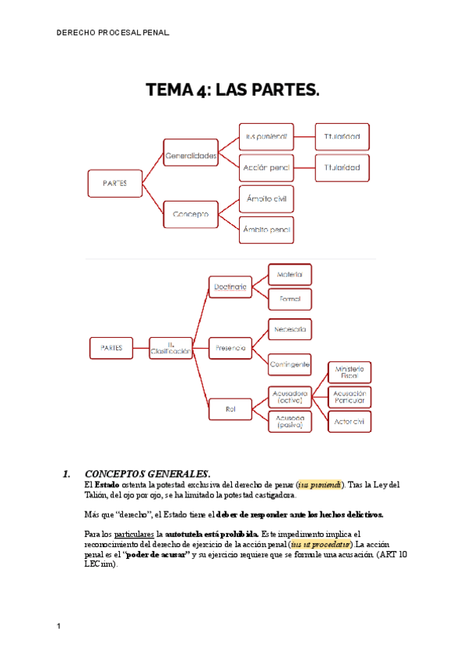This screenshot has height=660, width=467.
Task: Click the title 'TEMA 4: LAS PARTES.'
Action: pos(233,90)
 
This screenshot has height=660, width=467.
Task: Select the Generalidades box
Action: pos(191,156)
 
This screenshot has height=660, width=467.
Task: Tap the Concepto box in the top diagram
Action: pos(191,212)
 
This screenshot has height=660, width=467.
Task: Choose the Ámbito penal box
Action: pos(266,230)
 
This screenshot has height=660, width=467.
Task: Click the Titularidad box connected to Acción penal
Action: pos(342,167)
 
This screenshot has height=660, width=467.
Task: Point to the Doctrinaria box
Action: pos(230,288)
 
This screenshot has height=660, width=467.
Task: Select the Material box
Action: pos(290,275)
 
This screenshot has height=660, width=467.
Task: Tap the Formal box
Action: pos(290,299)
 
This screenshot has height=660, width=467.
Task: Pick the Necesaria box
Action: pos(290,330)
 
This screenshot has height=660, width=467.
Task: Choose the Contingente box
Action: pos(290,364)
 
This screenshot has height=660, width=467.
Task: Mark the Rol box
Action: pos(230,408)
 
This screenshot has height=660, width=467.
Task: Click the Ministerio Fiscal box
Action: pos(349,371)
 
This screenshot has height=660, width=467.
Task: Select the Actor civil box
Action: pos(349,421)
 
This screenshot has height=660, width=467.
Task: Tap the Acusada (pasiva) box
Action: pos(290,421)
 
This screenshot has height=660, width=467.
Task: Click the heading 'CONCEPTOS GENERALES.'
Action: pos(147,473)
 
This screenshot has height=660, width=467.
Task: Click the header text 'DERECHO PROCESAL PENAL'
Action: pos(112,33)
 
